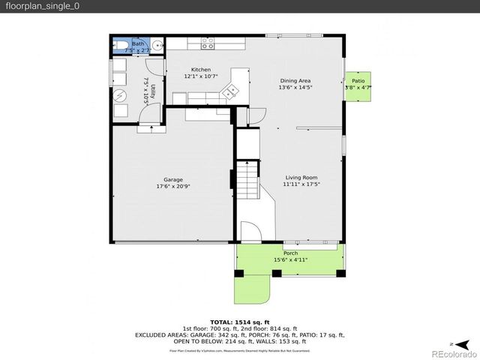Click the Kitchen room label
201,70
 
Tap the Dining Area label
295,81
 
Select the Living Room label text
301,178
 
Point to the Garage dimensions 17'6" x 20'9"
173,186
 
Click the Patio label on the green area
358,81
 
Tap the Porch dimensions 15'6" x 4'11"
289,260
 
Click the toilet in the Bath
121,46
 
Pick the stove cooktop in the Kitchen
207,45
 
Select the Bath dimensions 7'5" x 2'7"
139,50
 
